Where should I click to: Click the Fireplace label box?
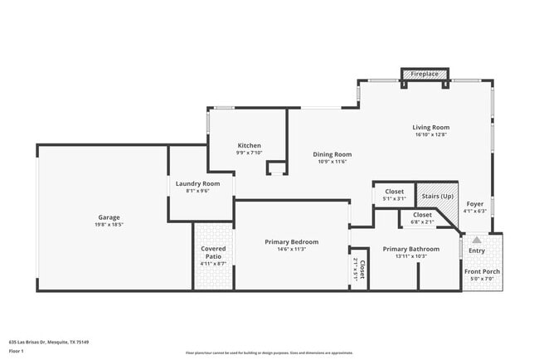point(425,74)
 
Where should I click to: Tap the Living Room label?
point(430,127)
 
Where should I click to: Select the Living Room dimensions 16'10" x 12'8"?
point(430,134)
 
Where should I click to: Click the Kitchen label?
point(250,145)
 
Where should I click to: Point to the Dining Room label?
point(332,154)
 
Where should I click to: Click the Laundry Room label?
point(197,182)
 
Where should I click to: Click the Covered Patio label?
point(214,252)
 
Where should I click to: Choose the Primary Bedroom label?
point(291,241)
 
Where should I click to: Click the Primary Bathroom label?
point(410,248)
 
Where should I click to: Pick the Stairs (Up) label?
point(437,196)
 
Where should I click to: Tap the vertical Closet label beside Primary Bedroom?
point(362,270)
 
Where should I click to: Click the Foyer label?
point(474,203)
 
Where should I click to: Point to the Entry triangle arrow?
point(476,239)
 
